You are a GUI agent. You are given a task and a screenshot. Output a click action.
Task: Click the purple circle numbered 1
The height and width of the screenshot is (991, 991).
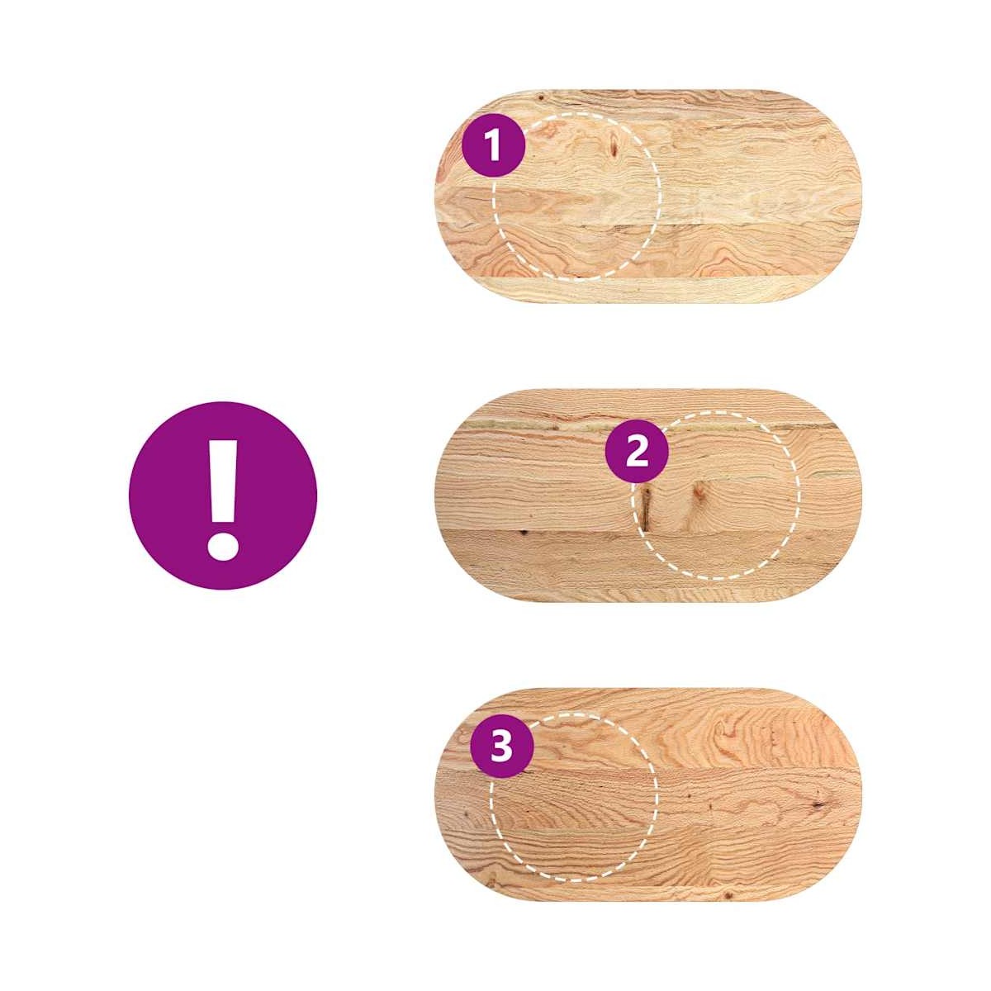pos(493,145)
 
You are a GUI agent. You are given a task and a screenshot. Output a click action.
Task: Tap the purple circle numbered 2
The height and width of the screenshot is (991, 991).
pos(636,452)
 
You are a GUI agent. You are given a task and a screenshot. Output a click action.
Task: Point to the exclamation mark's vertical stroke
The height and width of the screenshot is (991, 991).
pos(223,480)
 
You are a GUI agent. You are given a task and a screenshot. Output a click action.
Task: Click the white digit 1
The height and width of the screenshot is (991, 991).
pos(493,145)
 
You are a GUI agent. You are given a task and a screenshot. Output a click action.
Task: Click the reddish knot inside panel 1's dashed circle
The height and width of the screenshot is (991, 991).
pos(614,145)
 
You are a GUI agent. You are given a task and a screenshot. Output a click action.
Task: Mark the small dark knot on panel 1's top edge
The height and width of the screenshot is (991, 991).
pos(541,97)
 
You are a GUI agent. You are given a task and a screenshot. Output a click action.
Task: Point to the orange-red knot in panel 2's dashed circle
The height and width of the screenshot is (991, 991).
pos(697,493)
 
